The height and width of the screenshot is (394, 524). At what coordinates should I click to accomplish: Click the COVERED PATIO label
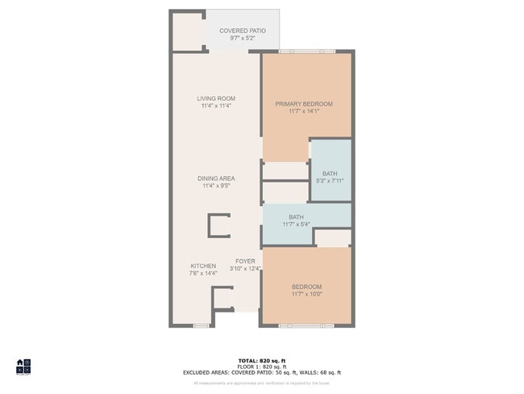(x=242, y=31)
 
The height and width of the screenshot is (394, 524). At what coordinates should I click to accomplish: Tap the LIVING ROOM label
(x=215, y=98)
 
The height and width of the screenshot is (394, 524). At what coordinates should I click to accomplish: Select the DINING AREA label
(x=216, y=178)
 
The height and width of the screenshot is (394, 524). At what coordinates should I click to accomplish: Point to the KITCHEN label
(x=203, y=266)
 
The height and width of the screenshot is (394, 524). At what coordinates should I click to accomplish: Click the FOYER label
(x=245, y=262)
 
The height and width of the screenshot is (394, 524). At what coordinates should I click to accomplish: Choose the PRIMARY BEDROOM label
(x=304, y=103)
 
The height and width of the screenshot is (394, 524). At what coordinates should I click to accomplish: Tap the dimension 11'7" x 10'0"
(x=306, y=295)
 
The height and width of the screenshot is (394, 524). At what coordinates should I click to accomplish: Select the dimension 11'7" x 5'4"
(x=296, y=224)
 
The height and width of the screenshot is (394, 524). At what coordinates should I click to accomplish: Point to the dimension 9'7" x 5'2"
(x=242, y=38)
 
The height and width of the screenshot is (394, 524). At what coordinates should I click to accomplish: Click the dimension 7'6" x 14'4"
(x=203, y=273)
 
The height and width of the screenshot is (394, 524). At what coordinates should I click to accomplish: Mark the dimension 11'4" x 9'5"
(x=216, y=186)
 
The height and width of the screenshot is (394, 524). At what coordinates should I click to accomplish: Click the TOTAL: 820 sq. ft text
(x=261, y=360)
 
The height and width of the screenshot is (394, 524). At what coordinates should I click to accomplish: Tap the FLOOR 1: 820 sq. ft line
(x=261, y=367)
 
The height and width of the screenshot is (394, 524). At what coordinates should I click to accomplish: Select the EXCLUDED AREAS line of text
(x=261, y=372)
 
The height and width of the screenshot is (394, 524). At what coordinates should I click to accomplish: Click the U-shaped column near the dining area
(x=218, y=225)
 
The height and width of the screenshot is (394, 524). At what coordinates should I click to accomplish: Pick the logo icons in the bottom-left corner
(x=23, y=367)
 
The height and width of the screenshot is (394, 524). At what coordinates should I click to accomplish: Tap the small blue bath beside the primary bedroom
(x=331, y=170)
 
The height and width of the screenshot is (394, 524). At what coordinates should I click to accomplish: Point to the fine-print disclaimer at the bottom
(x=261, y=383)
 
